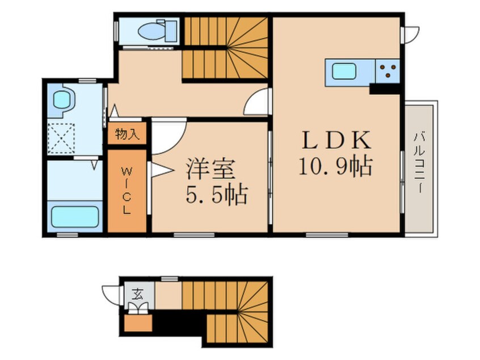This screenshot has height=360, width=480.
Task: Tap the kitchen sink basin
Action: tap(344, 72)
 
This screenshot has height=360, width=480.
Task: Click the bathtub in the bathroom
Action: tap(75, 217)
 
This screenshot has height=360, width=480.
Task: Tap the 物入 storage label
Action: tap(127, 134)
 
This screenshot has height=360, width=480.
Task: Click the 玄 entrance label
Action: tap(137, 294)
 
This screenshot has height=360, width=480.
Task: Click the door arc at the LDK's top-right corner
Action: tap(409, 34)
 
